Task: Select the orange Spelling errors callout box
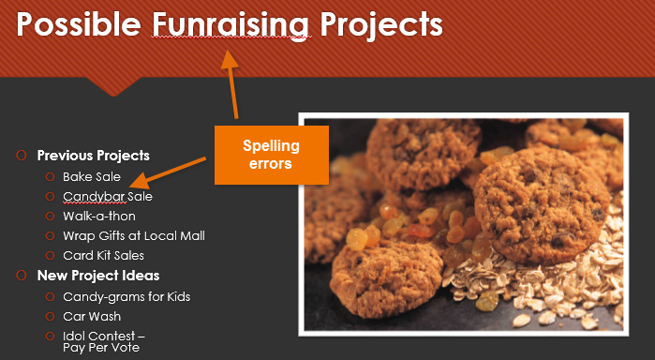(x=271, y=154)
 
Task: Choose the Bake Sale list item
(x=92, y=176)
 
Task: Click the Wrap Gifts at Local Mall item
(x=134, y=236)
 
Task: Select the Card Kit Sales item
(x=103, y=256)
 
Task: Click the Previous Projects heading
(x=93, y=156)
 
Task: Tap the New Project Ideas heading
(x=97, y=276)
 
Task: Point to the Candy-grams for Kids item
(x=127, y=297)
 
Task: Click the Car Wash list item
(x=92, y=317)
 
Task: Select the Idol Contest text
(x=104, y=336)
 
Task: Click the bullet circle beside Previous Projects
(x=21, y=156)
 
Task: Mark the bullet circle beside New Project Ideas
(x=21, y=276)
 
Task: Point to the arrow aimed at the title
(x=229, y=84)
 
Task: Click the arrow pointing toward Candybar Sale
(x=169, y=172)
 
